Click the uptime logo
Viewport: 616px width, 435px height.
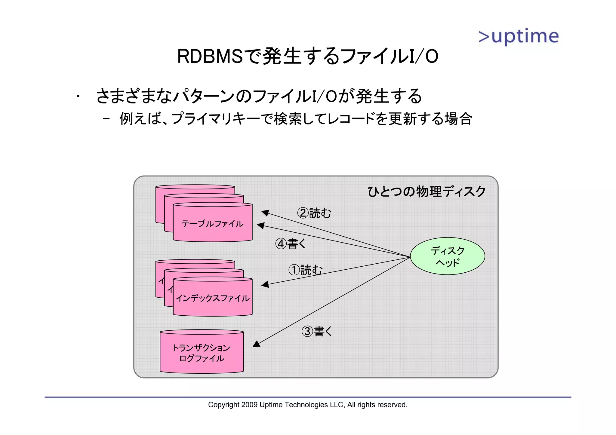(x=519, y=37)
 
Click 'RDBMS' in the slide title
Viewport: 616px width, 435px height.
(x=210, y=57)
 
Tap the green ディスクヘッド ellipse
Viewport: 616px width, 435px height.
(x=447, y=256)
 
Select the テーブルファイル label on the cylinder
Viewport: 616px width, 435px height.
(x=212, y=224)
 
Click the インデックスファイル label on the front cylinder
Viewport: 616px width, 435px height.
(x=212, y=298)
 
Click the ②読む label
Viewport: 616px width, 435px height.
(x=314, y=213)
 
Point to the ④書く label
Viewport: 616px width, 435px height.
(x=291, y=244)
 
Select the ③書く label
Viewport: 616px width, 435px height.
(x=317, y=331)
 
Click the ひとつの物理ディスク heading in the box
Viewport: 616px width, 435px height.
(x=427, y=191)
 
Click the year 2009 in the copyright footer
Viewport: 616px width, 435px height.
(x=249, y=405)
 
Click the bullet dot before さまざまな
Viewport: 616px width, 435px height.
(x=78, y=96)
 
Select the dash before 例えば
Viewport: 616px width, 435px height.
(x=106, y=118)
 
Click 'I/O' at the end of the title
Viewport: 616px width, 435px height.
(x=423, y=57)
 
